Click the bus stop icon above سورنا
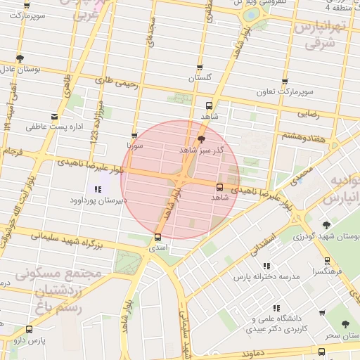134,136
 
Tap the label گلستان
200,79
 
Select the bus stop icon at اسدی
157,238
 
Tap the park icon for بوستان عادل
19,58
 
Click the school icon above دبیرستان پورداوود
97,189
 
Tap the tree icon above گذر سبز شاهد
202,139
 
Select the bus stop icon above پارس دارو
29,329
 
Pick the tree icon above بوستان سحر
345,325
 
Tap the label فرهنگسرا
328,270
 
